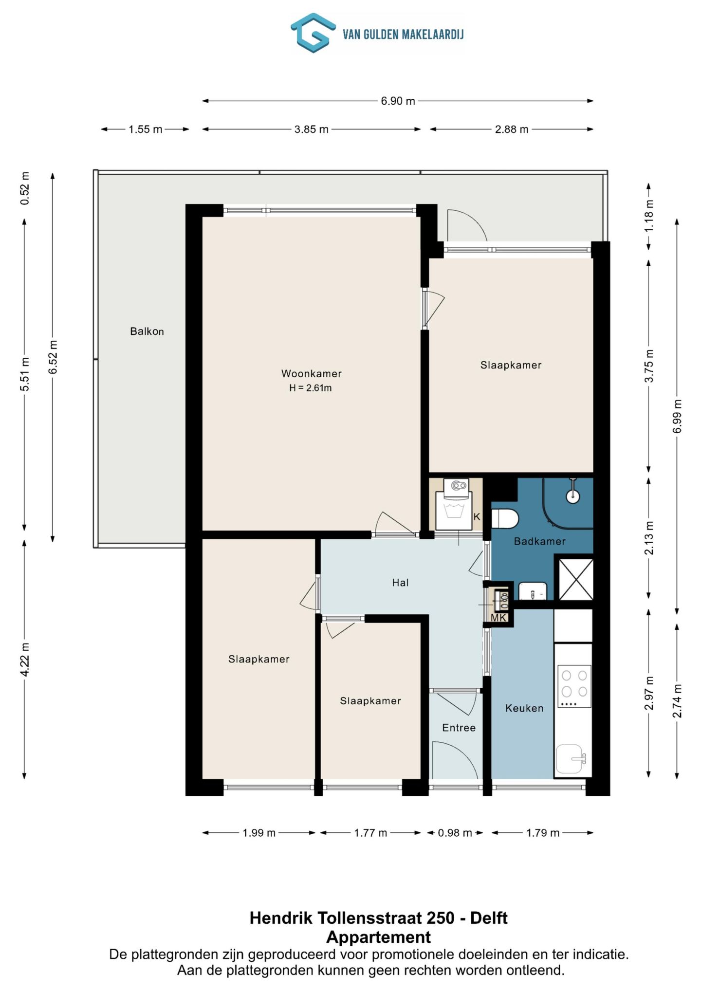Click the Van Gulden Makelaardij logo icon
click(x=313, y=33)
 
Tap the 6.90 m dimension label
click(x=398, y=101)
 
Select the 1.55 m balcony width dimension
click(x=145, y=129)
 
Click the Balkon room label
click(x=147, y=331)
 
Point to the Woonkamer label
click(x=312, y=374)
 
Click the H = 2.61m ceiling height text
click(x=311, y=388)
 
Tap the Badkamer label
click(x=540, y=541)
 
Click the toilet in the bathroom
click(x=504, y=519)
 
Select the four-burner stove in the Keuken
click(x=574, y=686)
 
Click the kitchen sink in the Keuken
click(x=571, y=759)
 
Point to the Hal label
click(x=400, y=583)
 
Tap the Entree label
click(x=459, y=728)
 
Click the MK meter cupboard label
click(x=498, y=618)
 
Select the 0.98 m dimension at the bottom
click(x=455, y=833)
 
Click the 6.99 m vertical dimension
click(x=677, y=416)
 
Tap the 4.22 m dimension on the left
click(x=25, y=659)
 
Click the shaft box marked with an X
click(x=575, y=580)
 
